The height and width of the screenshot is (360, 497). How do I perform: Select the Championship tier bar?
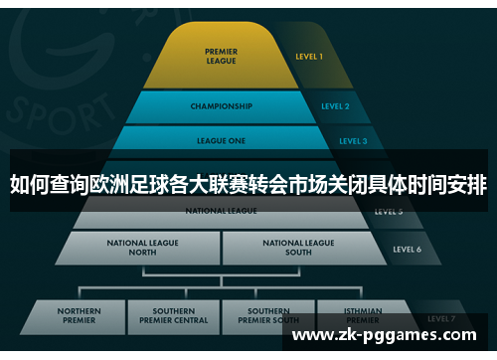click(221, 106)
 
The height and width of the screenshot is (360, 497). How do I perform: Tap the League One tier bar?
click(221, 140)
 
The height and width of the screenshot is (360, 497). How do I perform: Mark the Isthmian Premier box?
click(362, 313)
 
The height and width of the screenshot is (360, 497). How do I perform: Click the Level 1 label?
click(308, 58)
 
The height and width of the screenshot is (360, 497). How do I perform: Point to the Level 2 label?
click(335, 106)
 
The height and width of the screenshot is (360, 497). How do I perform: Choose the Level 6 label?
click(408, 249)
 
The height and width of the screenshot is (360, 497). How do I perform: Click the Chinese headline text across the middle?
click(248, 185)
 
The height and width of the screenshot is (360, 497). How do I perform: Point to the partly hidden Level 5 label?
click(389, 213)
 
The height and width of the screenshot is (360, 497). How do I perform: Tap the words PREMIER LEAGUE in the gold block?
click(221, 56)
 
